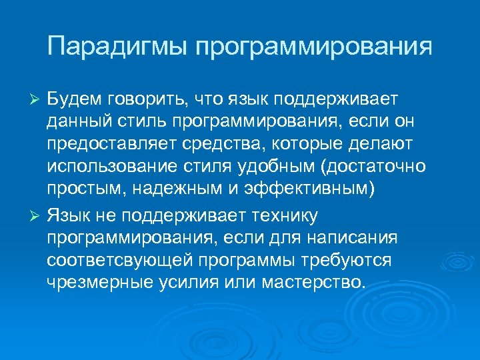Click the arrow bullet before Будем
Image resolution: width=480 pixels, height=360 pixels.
(38, 99)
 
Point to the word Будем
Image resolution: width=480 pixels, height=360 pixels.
(75, 99)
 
